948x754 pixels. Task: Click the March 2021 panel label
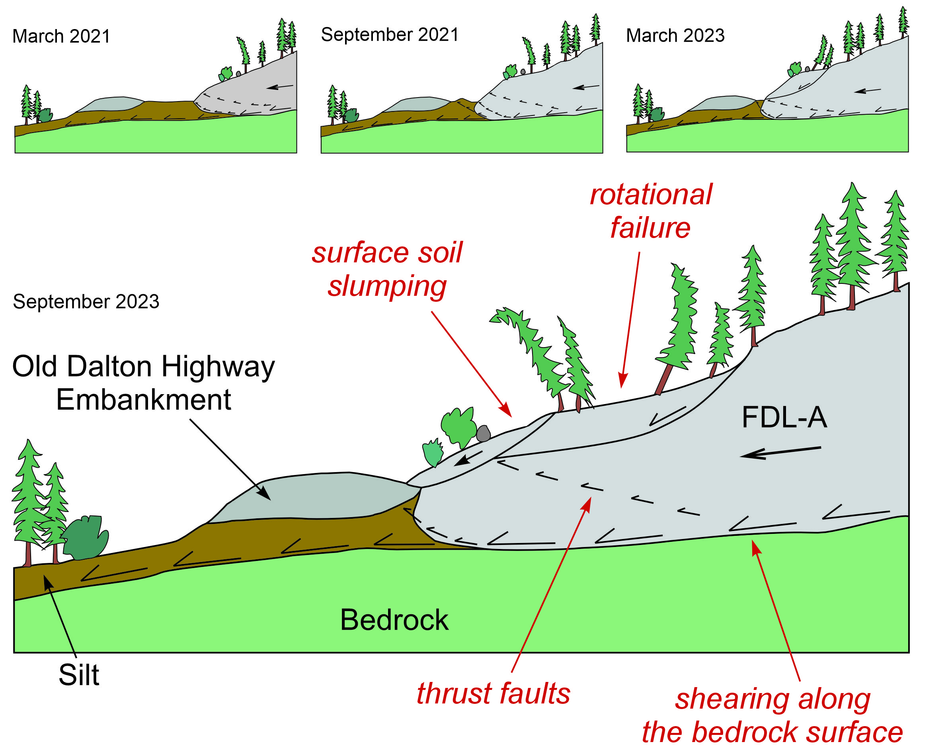(61, 36)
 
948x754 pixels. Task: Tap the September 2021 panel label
(390, 34)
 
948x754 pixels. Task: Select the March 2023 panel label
(675, 35)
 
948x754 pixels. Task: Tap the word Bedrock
(394, 620)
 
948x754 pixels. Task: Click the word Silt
(79, 675)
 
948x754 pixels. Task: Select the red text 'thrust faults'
(493, 694)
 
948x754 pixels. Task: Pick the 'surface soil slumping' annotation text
(387, 269)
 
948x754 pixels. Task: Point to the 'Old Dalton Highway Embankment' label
(143, 383)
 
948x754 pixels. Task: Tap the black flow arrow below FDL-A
(780, 452)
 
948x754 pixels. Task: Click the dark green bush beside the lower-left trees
(86, 537)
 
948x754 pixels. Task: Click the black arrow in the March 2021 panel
(280, 87)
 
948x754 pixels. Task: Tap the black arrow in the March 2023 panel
(867, 91)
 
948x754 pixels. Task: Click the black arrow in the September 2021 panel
(586, 87)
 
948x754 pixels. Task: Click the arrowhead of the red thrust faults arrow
(587, 502)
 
